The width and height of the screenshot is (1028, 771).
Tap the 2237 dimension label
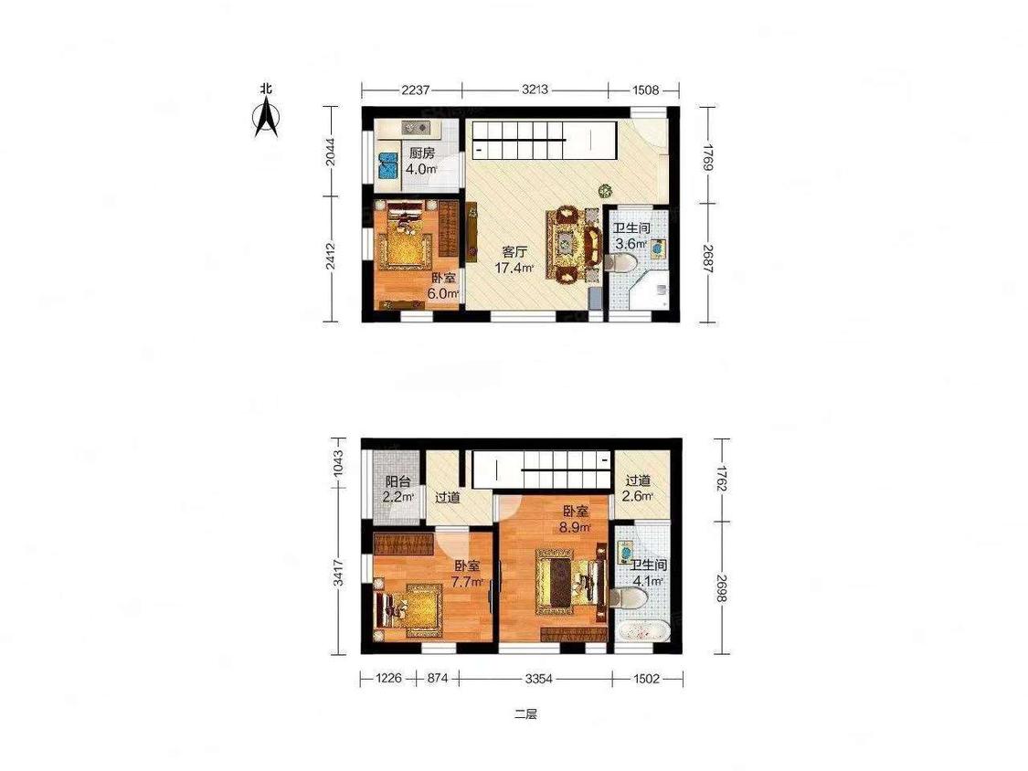coord(416,90)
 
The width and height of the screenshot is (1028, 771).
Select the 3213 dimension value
coord(535,90)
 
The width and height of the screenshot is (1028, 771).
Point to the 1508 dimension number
coord(646,90)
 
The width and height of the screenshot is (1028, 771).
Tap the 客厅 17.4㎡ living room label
coord(514,259)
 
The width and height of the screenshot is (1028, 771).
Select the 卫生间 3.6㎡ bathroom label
coord(631,236)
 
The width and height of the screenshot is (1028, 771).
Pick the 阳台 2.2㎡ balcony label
coord(398,489)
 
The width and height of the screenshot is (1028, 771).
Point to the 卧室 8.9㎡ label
coord(576,518)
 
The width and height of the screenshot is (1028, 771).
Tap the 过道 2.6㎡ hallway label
coord(637,489)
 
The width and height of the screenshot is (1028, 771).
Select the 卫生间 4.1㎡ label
coord(649,573)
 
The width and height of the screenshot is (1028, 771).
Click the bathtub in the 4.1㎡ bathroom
coord(641,633)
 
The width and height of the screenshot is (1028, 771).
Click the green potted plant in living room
coord(605,191)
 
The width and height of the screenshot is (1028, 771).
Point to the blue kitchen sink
coord(388,166)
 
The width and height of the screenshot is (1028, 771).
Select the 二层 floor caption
coord(525,714)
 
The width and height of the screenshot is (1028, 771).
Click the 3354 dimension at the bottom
coord(538,680)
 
